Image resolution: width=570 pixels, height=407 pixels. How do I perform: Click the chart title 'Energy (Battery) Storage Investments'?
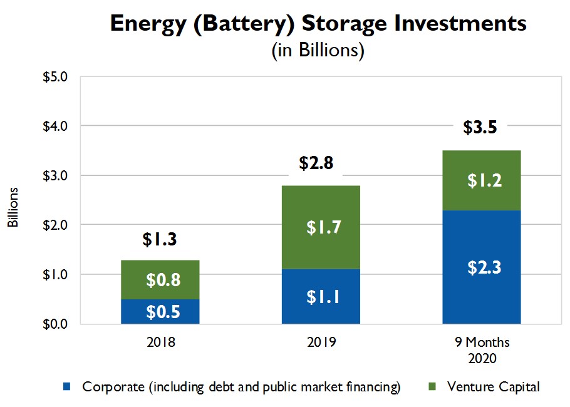[318, 23]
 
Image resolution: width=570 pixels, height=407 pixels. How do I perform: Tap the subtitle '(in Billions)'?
[318, 50]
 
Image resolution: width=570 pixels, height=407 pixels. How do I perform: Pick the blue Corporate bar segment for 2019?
[321, 296]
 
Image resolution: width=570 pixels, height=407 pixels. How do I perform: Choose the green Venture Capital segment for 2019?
[321, 227]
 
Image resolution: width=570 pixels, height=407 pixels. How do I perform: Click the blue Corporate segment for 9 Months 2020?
[481, 267]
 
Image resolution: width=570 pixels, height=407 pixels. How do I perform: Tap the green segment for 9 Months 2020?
[481, 180]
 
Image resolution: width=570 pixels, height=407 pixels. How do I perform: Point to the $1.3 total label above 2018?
[160, 240]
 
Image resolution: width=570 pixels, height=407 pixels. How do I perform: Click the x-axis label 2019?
[321, 343]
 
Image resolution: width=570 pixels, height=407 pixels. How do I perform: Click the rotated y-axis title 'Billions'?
[12, 207]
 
